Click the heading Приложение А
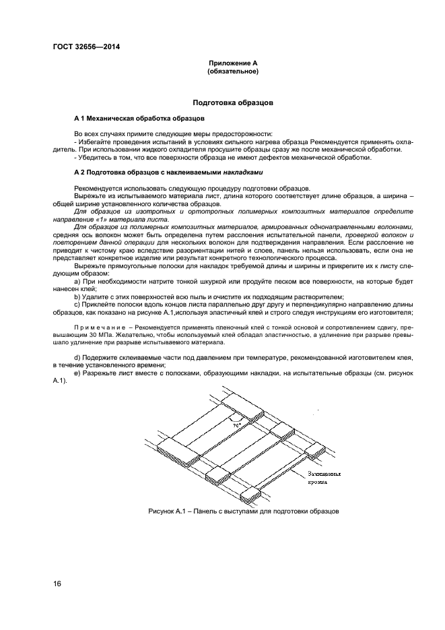232,63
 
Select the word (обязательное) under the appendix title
232,70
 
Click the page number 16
57,584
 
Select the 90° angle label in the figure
236,427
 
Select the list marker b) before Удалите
77,296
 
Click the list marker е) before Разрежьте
77,373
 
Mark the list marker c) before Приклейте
77,304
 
